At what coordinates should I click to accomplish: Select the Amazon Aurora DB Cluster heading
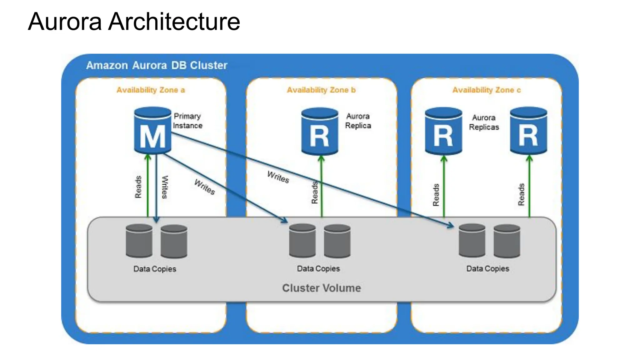[x=157, y=65]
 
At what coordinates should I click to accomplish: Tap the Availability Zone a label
[x=151, y=90]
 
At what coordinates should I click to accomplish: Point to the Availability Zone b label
[x=321, y=90]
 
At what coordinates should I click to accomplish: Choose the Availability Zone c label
[x=487, y=90]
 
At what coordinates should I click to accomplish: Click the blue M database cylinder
[x=152, y=131]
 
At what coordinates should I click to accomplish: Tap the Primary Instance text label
[x=187, y=121]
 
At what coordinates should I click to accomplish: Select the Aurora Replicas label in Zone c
[x=484, y=122]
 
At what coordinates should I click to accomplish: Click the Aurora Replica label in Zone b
[x=358, y=121]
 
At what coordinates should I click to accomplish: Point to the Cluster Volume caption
[x=321, y=288]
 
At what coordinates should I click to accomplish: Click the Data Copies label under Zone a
[x=155, y=269]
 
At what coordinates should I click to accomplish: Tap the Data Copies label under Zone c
[x=487, y=268]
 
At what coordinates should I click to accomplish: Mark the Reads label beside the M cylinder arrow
[x=138, y=187]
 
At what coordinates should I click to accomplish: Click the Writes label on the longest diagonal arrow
[x=278, y=177]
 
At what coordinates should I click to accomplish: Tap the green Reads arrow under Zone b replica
[x=322, y=187]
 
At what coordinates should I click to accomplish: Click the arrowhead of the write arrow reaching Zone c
[x=451, y=225]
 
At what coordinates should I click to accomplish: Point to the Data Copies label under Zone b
[x=318, y=268]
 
